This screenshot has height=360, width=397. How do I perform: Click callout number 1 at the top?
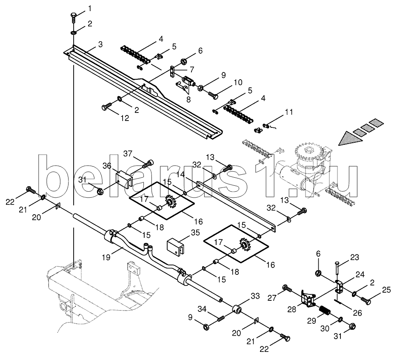coord(90,8)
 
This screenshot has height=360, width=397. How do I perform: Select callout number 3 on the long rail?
coord(100,44)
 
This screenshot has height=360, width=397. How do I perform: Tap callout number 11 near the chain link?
coord(289,112)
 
